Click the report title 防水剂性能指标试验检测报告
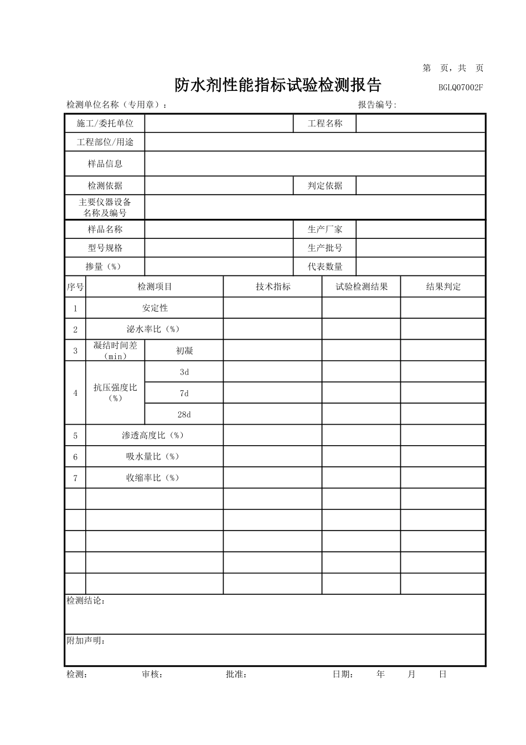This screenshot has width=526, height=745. click(x=278, y=85)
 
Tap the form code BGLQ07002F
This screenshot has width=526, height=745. click(x=461, y=87)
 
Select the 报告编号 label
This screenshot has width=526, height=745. click(x=377, y=105)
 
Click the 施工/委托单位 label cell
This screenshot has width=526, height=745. click(x=105, y=124)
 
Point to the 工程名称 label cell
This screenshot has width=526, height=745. click(x=324, y=124)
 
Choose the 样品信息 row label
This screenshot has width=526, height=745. click(x=105, y=164)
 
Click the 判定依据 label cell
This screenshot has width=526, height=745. click(x=324, y=186)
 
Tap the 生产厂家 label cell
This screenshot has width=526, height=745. click(x=324, y=229)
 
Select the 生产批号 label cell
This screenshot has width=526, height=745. click(x=324, y=248)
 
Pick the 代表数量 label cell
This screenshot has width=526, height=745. click(x=324, y=267)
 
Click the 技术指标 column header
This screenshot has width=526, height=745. click(x=272, y=287)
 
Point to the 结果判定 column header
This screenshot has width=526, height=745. click(x=443, y=287)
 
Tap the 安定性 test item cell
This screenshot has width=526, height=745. click(x=154, y=308)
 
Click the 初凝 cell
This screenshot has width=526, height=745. click(x=184, y=350)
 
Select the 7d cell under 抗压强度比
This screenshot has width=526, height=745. click(x=184, y=393)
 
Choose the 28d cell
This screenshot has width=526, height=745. click(x=184, y=414)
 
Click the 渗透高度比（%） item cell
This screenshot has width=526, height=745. click(x=154, y=435)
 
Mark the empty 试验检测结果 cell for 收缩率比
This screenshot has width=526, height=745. click(x=361, y=478)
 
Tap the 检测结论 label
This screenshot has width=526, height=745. click(x=86, y=601)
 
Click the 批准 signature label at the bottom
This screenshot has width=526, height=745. click(x=236, y=675)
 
